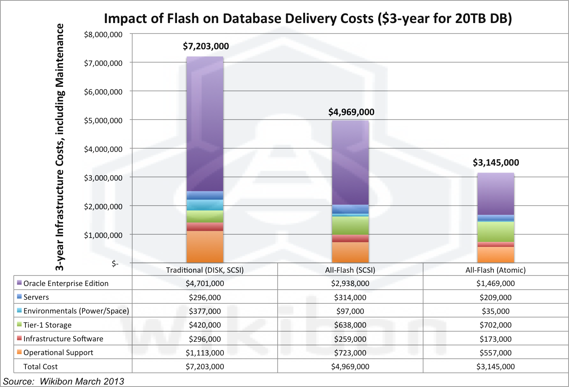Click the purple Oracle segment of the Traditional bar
point(205,124)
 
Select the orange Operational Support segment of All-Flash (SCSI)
point(350,252)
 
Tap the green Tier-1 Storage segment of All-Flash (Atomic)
point(496,232)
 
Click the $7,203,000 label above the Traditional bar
point(206,46)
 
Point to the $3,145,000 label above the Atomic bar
point(496,163)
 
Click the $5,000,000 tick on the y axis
point(103,120)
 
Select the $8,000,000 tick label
point(103,35)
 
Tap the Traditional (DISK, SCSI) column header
point(205,270)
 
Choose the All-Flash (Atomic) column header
point(495,270)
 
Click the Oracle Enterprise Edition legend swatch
point(19,283)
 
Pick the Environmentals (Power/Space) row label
point(76,311)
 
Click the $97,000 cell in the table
point(350,311)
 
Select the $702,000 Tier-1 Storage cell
point(495,325)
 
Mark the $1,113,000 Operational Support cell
point(205,353)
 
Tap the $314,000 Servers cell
point(350,297)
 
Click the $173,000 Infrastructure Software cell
point(495,339)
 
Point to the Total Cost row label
point(40,367)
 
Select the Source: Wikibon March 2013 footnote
point(63,381)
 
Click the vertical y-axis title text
point(60,147)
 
